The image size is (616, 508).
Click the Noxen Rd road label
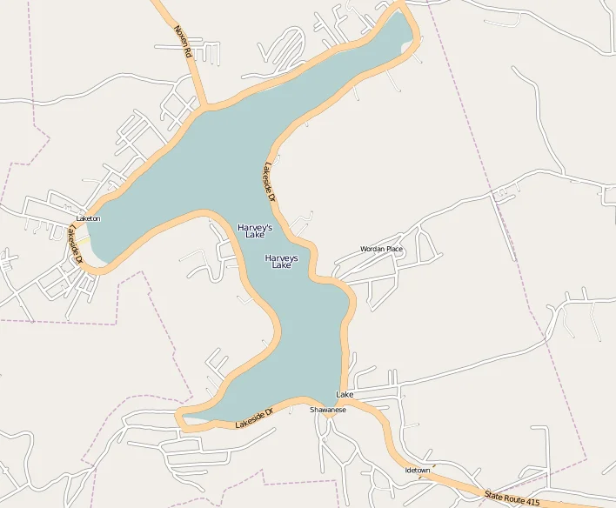[x=182, y=41]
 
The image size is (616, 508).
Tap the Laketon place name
[x=88, y=218]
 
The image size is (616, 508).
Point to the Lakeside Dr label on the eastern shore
[x=269, y=183]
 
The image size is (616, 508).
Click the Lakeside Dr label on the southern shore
[x=254, y=419]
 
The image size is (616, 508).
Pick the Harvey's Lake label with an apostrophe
[x=255, y=231]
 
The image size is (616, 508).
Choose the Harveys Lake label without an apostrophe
[x=281, y=261]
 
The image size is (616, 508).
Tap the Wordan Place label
[x=381, y=250]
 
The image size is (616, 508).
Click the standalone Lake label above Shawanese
[x=345, y=395]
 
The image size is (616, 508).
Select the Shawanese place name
[x=328, y=410]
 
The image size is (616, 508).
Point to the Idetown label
[x=418, y=470]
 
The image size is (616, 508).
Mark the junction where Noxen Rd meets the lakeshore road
[x=206, y=108]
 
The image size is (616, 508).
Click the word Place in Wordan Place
[x=394, y=250]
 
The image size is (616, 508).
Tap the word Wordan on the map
[x=372, y=250]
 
